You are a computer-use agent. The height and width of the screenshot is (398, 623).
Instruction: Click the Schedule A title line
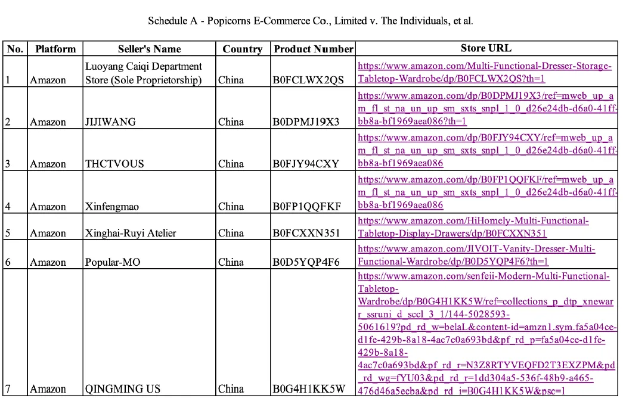[311, 21]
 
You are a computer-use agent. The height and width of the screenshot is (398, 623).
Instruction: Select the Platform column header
[55, 49]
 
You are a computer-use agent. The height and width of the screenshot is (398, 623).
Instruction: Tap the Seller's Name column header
[149, 49]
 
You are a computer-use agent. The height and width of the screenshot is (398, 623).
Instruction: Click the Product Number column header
[314, 49]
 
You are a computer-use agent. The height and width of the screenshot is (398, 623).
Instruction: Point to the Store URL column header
[486, 48]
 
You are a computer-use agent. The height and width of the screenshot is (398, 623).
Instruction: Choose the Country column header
[242, 49]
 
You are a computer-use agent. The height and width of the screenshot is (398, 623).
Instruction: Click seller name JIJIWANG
[110, 122]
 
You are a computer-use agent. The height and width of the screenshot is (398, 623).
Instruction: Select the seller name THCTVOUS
[114, 164]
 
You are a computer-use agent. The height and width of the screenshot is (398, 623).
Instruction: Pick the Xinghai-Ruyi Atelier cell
[131, 233]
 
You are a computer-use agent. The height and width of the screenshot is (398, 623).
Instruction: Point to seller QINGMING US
[123, 389]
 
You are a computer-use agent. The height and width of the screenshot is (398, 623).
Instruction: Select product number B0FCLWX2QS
[308, 80]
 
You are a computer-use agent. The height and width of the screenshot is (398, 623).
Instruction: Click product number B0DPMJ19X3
[306, 122]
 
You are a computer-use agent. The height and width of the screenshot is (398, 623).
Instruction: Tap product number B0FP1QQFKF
[307, 207]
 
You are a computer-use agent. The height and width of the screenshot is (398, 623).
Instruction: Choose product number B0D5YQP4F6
[307, 262]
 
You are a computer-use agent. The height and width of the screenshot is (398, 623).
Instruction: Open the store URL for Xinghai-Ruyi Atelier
[473, 227]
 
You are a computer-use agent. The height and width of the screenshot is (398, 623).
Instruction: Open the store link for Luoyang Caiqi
[485, 72]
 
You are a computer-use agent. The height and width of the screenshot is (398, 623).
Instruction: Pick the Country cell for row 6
[231, 262]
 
